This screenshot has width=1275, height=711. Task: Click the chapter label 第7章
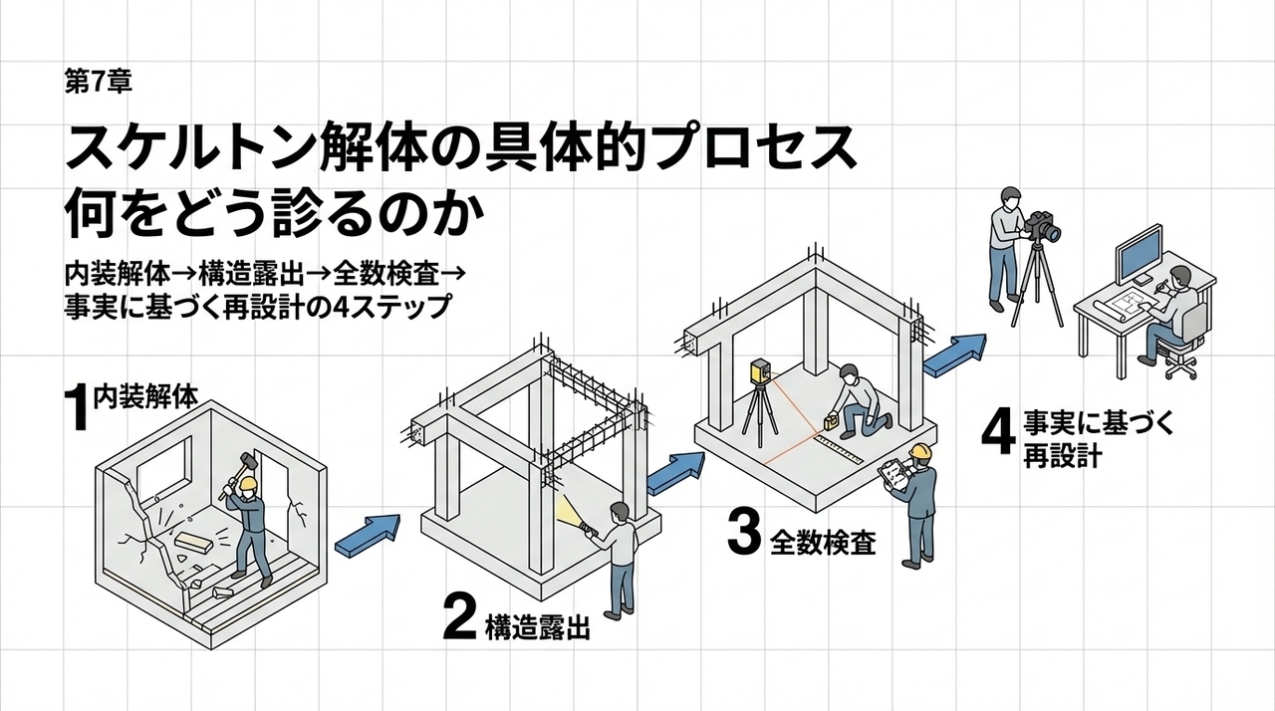[x=96, y=83]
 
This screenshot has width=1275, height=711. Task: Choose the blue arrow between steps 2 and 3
[x=676, y=473]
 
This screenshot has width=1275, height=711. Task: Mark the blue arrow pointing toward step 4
[x=953, y=355]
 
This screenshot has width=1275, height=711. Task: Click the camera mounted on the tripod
[x=1042, y=228]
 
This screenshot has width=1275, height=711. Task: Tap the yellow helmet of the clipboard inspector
[x=921, y=451]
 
